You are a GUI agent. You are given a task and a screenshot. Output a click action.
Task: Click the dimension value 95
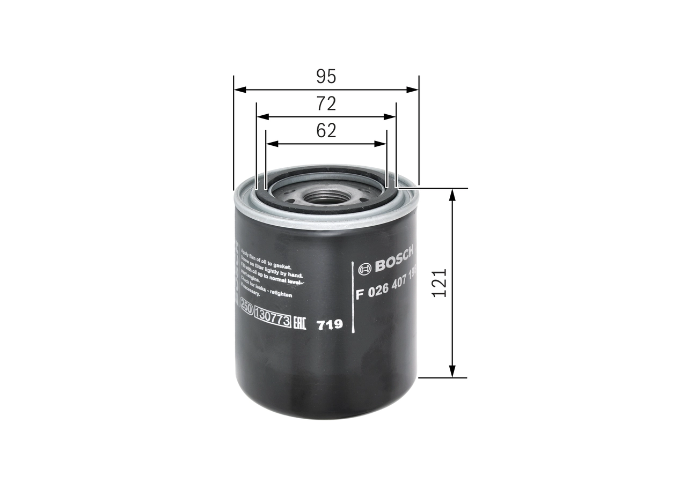pos(326,77)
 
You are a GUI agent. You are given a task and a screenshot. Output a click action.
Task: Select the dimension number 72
pos(326,103)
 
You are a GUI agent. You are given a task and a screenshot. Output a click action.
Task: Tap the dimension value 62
pos(326,131)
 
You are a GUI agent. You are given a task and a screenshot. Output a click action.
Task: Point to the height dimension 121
pos(440,283)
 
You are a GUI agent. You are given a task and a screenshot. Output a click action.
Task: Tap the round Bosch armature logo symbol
pos(365,269)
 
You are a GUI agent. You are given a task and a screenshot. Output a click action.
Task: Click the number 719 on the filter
pos(330,325)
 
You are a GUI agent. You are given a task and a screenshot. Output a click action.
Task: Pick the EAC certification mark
pos(299,323)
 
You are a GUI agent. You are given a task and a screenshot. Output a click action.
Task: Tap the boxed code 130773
pos(273,320)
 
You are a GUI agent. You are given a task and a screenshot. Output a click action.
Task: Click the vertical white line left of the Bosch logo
pos(353,298)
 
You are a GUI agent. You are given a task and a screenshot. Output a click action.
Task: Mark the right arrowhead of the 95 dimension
pos(413,90)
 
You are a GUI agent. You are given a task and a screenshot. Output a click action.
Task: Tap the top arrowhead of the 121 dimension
pos(452,195)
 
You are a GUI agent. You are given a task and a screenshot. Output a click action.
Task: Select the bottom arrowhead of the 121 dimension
pos(452,372)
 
